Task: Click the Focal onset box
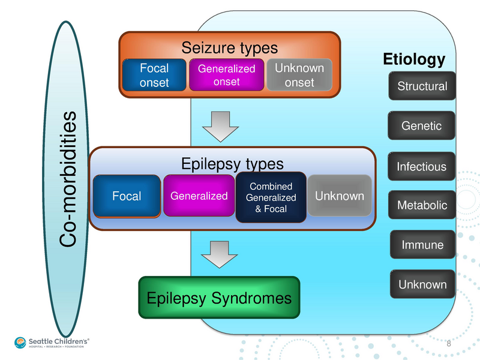[x=154, y=75]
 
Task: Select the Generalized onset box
[x=226, y=75]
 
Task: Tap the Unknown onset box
[x=299, y=75]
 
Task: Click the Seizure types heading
[x=230, y=47]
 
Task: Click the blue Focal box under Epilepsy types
[x=127, y=196]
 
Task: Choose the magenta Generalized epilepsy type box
[x=199, y=196]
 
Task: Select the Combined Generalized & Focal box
[x=271, y=197]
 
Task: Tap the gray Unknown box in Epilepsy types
[x=339, y=196]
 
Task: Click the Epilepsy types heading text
[x=232, y=163]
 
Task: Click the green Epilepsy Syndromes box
[x=219, y=298]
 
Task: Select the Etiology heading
[x=414, y=59]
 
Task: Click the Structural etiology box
[x=422, y=86]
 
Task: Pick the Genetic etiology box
[x=422, y=126]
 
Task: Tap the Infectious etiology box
[x=422, y=166]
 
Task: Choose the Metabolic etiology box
[x=422, y=205]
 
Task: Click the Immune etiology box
[x=422, y=245]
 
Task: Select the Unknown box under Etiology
[x=422, y=284]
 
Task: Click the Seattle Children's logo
[x=52, y=343]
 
